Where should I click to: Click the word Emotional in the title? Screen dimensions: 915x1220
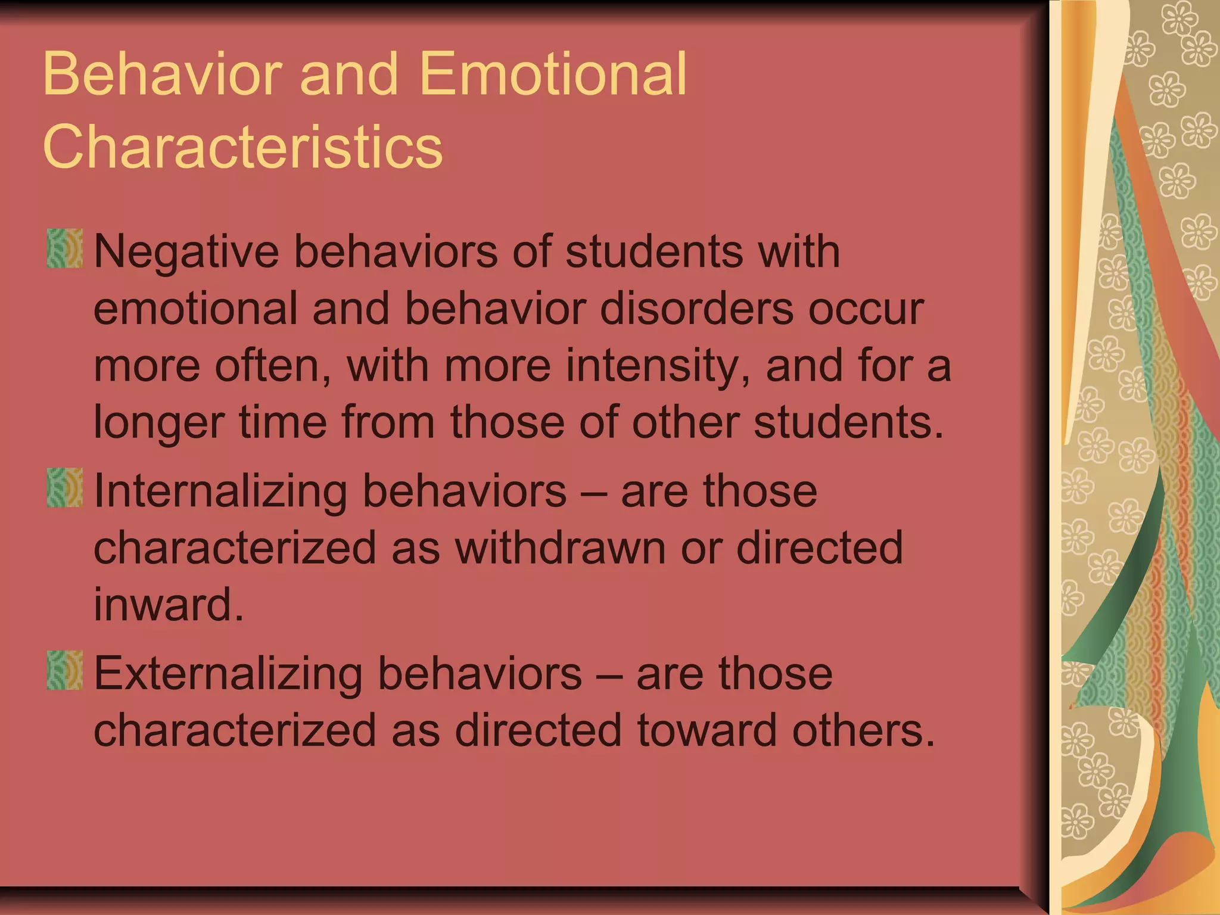click(553, 74)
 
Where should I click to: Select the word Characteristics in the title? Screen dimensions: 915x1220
click(242, 147)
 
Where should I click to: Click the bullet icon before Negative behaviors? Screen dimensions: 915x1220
click(64, 248)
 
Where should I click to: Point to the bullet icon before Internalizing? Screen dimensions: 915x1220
click(64, 488)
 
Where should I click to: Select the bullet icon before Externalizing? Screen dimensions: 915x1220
click(64, 670)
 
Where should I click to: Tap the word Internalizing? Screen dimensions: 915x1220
click(220, 491)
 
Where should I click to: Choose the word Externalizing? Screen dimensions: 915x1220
click(228, 674)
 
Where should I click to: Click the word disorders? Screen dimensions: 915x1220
click(696, 309)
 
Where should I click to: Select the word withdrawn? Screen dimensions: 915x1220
click(561, 548)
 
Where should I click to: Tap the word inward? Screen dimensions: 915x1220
click(169, 605)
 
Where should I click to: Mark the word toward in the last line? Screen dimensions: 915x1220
click(707, 730)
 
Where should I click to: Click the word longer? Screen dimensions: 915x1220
click(159, 423)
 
